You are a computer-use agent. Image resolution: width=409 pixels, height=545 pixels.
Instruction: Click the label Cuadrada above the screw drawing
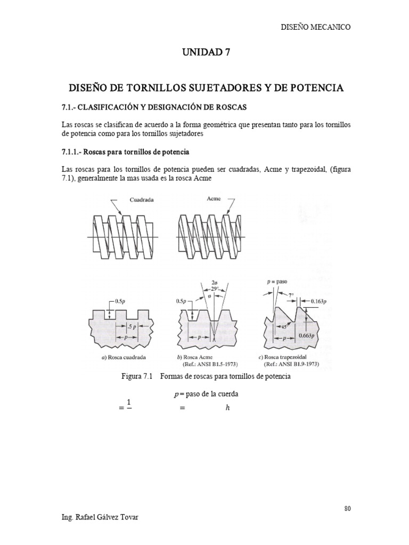pyautogui.click(x=142, y=200)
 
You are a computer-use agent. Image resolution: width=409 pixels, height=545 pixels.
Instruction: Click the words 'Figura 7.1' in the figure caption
pyautogui.click(x=137, y=377)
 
